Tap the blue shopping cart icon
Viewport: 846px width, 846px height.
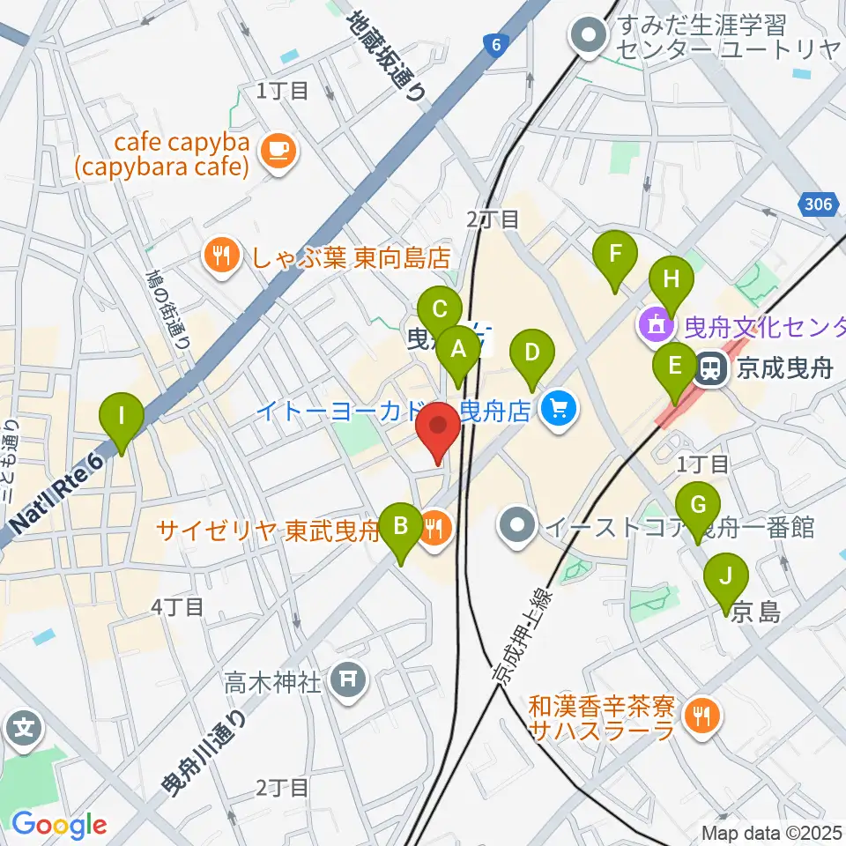(557, 409)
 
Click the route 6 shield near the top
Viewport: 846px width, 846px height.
(497, 45)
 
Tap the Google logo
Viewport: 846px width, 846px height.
(58, 825)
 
